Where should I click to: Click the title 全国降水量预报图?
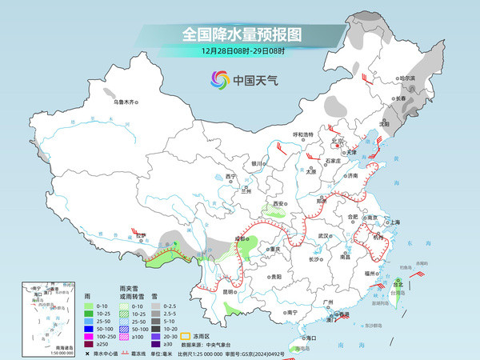pyautogui.click(x=240, y=34)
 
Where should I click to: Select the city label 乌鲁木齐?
pyautogui.click(x=126, y=102)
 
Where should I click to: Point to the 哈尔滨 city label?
pyautogui.click(x=407, y=78)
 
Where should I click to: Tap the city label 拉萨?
pyautogui.click(x=141, y=235)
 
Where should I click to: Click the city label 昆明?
pyautogui.click(x=230, y=292)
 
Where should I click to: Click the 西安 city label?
pyautogui.click(x=279, y=205)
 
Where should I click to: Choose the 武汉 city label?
pyautogui.click(x=323, y=236)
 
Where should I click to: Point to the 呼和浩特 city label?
pyautogui.click(x=303, y=134)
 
